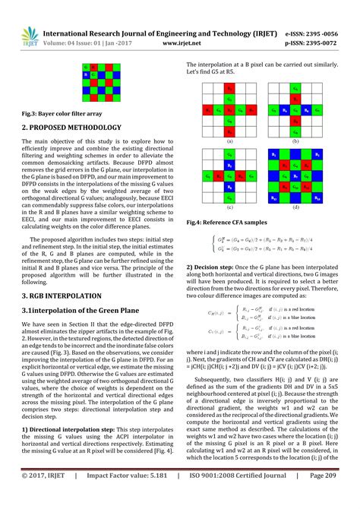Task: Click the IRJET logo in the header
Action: (30, 38)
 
